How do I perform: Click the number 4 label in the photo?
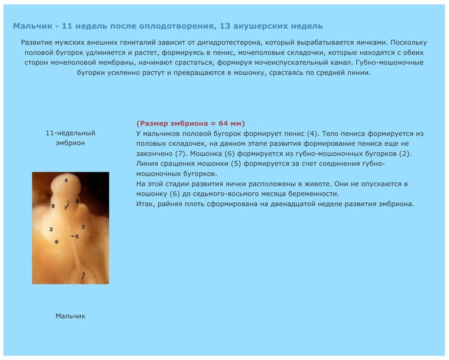[x=66, y=180]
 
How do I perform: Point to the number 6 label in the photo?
[x=56, y=241]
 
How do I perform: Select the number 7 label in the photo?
[x=66, y=208]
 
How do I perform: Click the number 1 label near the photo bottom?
[x=84, y=273]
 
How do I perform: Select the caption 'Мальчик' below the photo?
[x=70, y=316]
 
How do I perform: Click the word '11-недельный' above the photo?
[x=70, y=133]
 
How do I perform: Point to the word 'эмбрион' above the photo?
[x=70, y=143]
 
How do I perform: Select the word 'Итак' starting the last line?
[x=145, y=204]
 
